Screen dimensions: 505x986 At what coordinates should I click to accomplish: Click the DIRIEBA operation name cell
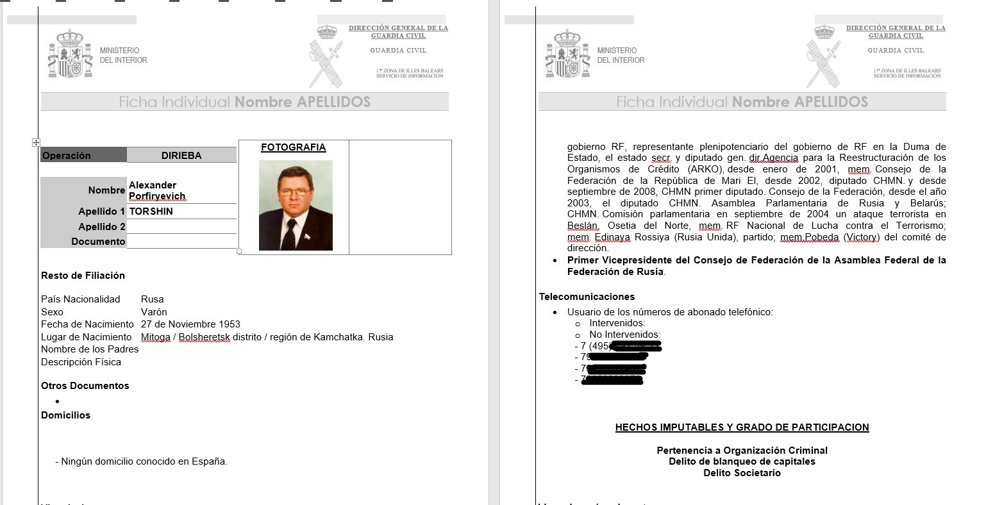point(181,155)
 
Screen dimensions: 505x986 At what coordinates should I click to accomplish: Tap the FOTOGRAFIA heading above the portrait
point(293,147)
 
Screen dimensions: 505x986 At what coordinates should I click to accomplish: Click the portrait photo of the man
point(296,205)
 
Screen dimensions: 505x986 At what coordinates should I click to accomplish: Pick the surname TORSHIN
point(151,211)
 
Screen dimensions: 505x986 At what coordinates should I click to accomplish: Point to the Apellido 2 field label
point(102,227)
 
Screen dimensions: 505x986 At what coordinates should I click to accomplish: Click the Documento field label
point(98,242)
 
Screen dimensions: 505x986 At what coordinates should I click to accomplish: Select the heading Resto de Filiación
point(83,276)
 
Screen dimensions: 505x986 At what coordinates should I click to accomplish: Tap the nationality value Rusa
point(153,299)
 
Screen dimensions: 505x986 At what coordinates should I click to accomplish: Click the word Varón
point(154,312)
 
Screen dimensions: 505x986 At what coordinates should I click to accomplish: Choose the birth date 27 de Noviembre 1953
point(190,324)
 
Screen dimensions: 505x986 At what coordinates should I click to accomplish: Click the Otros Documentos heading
point(85,386)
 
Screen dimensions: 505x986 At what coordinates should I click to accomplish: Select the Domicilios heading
point(65,415)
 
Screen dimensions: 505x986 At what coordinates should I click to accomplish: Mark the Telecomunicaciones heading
point(587,297)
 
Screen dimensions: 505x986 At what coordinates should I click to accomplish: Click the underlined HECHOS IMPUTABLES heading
point(742,427)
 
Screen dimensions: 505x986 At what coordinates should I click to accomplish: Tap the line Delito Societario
point(742,473)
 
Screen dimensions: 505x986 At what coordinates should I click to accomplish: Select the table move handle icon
point(36,142)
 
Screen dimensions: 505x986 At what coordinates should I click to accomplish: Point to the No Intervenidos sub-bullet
point(624,335)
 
